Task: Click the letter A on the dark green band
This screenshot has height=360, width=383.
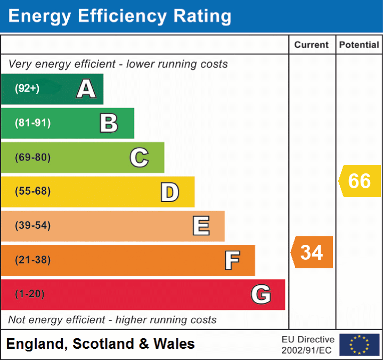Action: [86, 89]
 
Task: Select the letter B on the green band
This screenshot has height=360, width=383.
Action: [109, 123]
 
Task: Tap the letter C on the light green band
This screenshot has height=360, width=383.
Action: [139, 157]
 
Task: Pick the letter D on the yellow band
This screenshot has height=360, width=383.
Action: [169, 192]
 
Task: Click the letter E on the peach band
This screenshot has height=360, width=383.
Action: [201, 226]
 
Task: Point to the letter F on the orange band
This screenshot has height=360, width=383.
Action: [232, 260]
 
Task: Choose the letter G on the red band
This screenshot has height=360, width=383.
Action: [261, 294]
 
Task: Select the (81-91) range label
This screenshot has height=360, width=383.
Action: [32, 123]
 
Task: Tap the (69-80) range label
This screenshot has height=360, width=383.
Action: [32, 157]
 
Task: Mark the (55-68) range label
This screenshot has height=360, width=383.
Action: [32, 191]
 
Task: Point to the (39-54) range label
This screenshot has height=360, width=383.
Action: [32, 226]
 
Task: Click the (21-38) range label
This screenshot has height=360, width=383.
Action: [32, 260]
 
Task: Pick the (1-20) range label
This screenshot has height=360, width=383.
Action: [30, 294]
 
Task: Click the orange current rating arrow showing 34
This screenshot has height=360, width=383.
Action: [312, 252]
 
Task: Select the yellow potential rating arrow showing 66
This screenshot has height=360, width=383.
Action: [360, 181]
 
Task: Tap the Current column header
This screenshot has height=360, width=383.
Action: [312, 45]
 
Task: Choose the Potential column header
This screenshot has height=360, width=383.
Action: [359, 45]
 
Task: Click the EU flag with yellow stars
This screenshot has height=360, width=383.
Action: [359, 345]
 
